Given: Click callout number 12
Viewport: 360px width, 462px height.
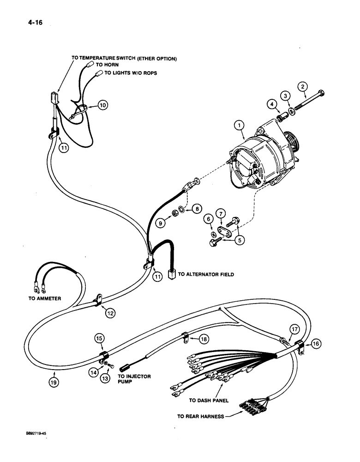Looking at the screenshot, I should [110, 313].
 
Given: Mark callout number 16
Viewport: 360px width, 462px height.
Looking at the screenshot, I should [316, 343].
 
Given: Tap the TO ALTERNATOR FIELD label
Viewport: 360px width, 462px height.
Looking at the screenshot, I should [206, 274].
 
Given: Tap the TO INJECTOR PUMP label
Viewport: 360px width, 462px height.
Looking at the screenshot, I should [138, 379].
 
